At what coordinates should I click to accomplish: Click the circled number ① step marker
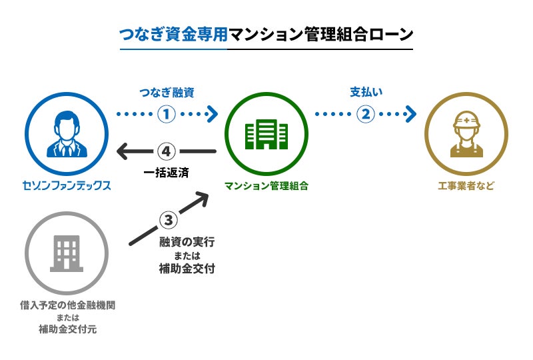point(167,113)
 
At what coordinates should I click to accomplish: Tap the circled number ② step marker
point(365,113)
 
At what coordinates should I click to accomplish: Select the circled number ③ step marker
point(168,219)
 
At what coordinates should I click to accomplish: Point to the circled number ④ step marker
point(167,151)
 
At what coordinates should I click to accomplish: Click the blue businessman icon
point(67,133)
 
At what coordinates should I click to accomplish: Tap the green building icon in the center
point(266,133)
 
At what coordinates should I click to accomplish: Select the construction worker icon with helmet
point(466,133)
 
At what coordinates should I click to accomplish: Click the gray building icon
point(67,254)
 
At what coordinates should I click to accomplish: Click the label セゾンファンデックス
point(67,186)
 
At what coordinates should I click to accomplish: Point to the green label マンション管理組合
point(266,186)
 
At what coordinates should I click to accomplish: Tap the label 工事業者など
point(466,186)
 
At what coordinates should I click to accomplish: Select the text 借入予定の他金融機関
point(67,305)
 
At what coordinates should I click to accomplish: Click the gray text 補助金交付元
point(67,330)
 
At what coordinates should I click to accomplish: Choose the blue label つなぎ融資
point(167,92)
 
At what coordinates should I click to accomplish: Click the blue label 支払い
point(365,92)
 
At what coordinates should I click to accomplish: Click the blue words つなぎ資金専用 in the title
point(173,34)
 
